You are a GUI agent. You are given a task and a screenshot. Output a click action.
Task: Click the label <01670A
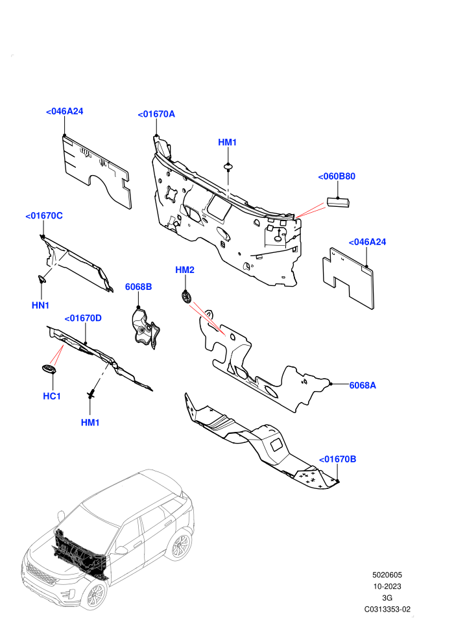[x=156, y=114]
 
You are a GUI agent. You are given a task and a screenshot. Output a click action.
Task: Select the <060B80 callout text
[x=337, y=176]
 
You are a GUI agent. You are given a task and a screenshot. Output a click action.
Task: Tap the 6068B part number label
[x=138, y=287]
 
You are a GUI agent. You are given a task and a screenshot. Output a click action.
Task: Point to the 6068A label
[x=363, y=385]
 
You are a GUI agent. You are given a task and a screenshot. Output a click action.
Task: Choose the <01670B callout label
[x=337, y=459]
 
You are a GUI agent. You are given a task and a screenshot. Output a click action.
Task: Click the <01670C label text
[x=44, y=216]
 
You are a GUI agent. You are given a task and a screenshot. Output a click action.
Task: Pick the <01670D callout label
[x=83, y=318]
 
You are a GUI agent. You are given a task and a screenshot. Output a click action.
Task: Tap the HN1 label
[x=40, y=305]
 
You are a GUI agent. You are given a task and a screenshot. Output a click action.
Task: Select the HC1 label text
[x=52, y=396]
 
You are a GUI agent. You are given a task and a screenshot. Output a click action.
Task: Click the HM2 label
[x=185, y=270]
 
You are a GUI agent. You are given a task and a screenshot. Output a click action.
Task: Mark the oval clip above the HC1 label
[x=49, y=369]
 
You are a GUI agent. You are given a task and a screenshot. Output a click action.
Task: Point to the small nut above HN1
[x=42, y=279]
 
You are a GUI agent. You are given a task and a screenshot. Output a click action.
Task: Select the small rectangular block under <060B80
[x=338, y=202]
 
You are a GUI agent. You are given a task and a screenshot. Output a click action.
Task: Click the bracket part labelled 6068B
[x=145, y=329]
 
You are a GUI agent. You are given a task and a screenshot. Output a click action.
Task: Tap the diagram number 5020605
[x=387, y=575]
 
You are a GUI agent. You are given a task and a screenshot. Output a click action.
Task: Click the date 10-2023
[x=387, y=586]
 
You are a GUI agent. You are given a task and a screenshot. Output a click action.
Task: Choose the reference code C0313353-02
[x=387, y=609]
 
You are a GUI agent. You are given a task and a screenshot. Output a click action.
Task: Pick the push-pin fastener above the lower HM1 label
[x=92, y=394]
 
